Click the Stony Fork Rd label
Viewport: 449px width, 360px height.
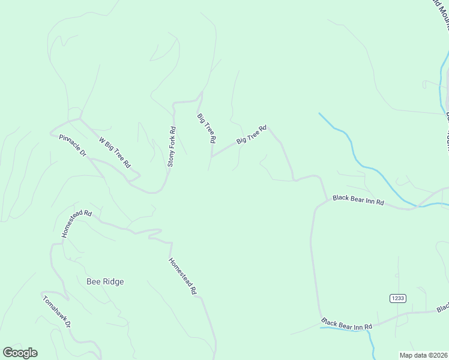(x=171, y=146)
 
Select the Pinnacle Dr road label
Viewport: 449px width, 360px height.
(x=73, y=146)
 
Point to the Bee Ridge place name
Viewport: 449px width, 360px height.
(x=105, y=281)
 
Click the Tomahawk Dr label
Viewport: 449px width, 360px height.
(x=57, y=310)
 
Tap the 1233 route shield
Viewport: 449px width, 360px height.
(x=397, y=298)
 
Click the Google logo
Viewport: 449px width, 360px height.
(x=20, y=353)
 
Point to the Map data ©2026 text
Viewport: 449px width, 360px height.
(x=423, y=355)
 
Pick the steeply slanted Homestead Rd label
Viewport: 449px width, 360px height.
(x=183, y=275)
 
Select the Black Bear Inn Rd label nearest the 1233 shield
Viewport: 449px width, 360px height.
(x=346, y=325)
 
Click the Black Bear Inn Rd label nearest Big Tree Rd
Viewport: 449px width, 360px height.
(x=358, y=200)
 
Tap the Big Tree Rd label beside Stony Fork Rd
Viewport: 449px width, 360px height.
(x=206, y=127)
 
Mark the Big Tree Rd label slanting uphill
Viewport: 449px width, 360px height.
(x=251, y=134)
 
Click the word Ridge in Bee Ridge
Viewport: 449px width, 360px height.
(x=112, y=281)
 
